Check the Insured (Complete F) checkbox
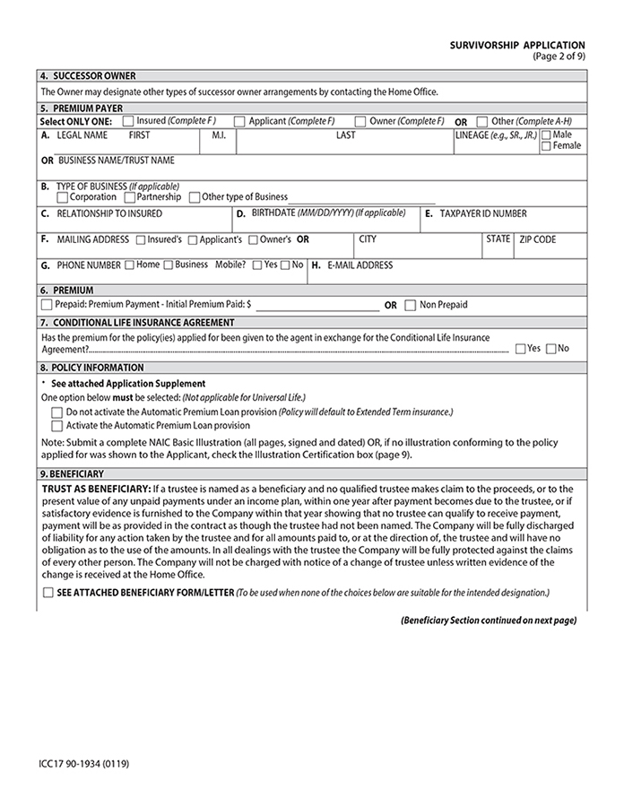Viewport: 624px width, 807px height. (x=127, y=121)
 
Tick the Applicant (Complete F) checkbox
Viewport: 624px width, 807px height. (x=239, y=121)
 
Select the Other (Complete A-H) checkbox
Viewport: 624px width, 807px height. (x=482, y=121)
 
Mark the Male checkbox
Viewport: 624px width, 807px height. (x=546, y=134)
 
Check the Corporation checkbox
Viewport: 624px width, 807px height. (x=62, y=197)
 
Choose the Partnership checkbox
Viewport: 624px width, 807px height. (x=130, y=197)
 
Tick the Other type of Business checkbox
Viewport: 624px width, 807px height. (x=195, y=197)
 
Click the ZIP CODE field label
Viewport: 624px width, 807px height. (x=538, y=239)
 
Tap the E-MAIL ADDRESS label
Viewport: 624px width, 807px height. (x=361, y=265)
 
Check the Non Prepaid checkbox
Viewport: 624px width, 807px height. (x=411, y=305)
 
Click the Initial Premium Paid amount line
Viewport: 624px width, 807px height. (x=317, y=306)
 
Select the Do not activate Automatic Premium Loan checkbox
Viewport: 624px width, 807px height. (x=57, y=412)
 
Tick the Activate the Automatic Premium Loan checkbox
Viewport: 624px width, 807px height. (x=57, y=426)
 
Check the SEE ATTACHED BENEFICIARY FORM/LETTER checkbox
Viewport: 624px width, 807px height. (x=48, y=594)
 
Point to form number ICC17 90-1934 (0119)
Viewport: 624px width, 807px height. (x=76, y=764)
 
